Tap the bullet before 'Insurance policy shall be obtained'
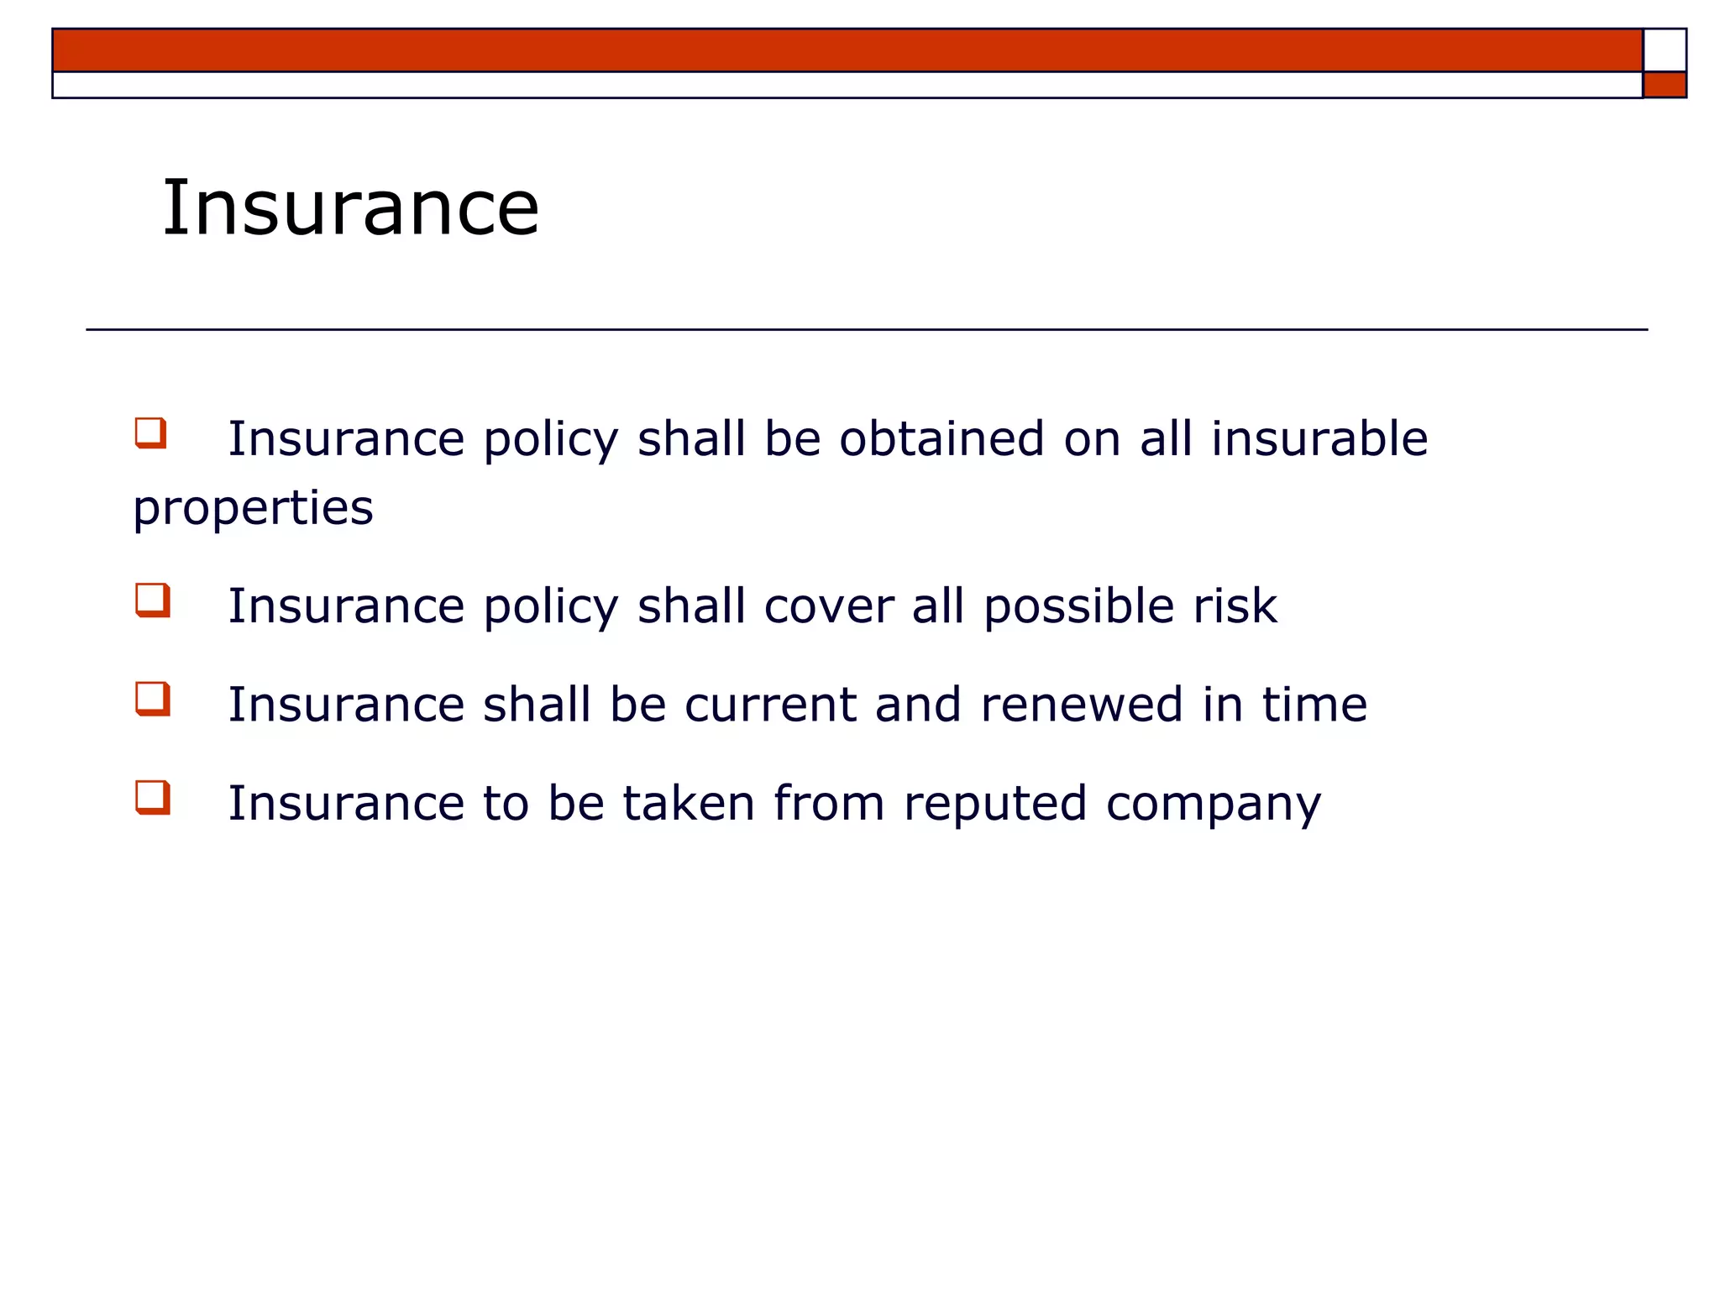151,433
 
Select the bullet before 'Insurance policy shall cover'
153,600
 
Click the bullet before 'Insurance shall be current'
153,699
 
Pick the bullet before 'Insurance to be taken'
153,797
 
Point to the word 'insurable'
1319,438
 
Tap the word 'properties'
253,509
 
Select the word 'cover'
829,606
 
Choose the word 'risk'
1235,606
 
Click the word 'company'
1213,805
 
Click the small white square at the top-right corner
1665,50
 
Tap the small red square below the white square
1665,85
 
